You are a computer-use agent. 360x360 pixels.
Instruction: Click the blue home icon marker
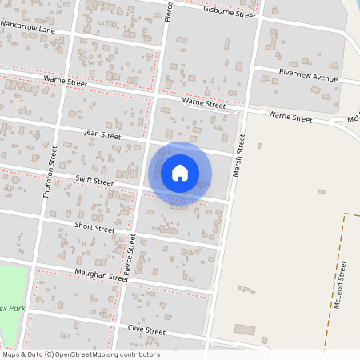pos(180,173)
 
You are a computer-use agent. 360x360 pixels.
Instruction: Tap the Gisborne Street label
pos(230,12)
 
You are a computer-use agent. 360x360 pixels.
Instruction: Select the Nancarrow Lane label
pos(28,27)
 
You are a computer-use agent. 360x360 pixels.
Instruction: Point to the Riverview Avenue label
pos(309,76)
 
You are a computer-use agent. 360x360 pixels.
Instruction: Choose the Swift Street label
pos(94,182)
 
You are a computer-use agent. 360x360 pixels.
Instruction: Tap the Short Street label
pos(94,228)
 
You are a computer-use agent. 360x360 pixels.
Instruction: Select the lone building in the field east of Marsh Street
pos(321,192)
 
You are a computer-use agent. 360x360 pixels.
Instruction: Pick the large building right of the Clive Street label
pos(244,330)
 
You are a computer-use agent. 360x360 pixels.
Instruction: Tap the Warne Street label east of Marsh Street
pos(290,117)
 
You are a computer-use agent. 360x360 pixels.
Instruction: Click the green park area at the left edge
pos(12,284)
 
